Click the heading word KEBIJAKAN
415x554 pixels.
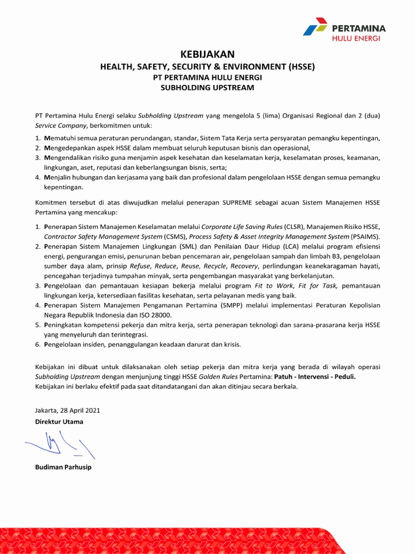coord(207,54)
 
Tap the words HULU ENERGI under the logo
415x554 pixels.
coord(356,38)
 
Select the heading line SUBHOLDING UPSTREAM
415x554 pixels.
coord(207,88)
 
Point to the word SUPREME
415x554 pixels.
coord(239,202)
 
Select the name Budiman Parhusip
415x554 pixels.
coord(63,467)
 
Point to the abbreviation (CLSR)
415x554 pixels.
coord(294,227)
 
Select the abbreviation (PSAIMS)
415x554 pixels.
coord(366,236)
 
